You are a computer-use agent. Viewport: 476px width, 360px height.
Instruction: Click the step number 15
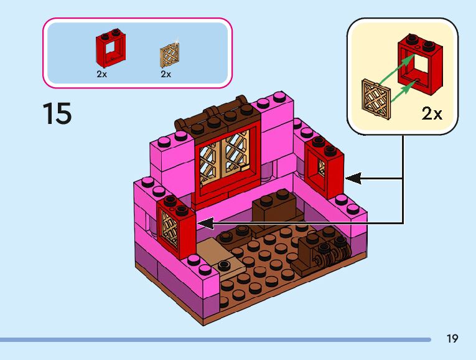57,115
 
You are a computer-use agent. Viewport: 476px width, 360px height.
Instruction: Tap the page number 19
452,339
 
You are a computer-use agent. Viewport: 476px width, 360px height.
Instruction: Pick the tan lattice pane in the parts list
169,55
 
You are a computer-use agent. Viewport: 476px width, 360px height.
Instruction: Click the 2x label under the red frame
102,73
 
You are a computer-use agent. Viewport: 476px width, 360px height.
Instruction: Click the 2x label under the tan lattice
166,73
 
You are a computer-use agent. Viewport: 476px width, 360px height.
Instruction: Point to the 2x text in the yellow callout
432,113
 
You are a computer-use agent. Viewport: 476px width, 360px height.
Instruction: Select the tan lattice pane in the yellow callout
376,100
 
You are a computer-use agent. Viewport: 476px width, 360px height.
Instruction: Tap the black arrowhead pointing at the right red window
352,179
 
